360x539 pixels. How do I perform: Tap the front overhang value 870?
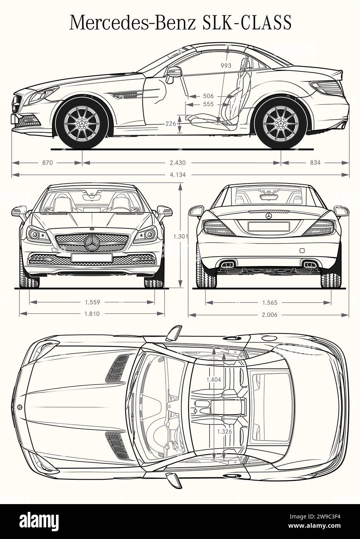pos(47,163)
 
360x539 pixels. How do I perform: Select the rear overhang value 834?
pos(315,163)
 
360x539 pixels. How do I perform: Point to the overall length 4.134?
pos(178,175)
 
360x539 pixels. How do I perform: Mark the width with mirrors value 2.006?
pos(269,314)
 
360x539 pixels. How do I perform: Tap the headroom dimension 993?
pos(226,66)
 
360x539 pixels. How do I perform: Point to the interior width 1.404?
pos(214,380)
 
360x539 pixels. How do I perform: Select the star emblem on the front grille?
pos(92,243)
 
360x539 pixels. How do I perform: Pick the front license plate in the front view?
pos(92,257)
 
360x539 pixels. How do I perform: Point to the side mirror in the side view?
pos(174,74)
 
